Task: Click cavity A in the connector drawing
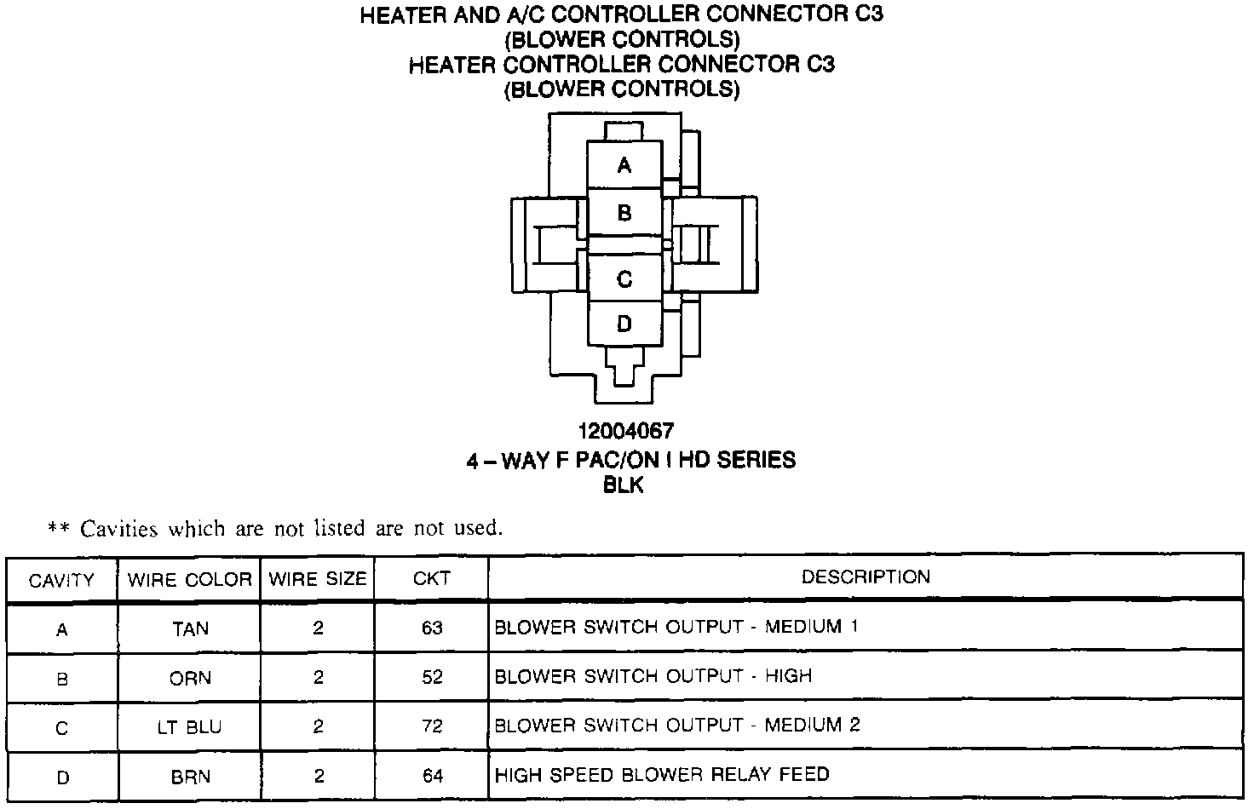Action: pos(624,165)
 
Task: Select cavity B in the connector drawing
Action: pos(624,213)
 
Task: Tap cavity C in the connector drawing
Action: pos(624,278)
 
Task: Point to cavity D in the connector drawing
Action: pos(624,324)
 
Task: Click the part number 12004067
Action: pos(625,432)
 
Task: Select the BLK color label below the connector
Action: pos(624,485)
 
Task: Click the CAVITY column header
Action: pos(61,581)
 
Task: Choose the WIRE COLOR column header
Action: pos(189,581)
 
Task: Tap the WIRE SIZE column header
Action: pos(318,580)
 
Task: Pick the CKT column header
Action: pos(432,579)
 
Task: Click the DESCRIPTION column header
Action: pos(866,577)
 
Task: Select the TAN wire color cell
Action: pos(190,628)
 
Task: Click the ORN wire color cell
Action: pos(190,679)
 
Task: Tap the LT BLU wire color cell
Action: pos(190,727)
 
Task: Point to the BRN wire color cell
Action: pos(190,777)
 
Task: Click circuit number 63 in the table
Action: pos(432,628)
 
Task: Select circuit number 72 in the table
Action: pos(432,726)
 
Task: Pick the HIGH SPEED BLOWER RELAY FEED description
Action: pos(662,775)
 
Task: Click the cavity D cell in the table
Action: pos(61,777)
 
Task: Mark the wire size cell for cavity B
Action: pos(319,678)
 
